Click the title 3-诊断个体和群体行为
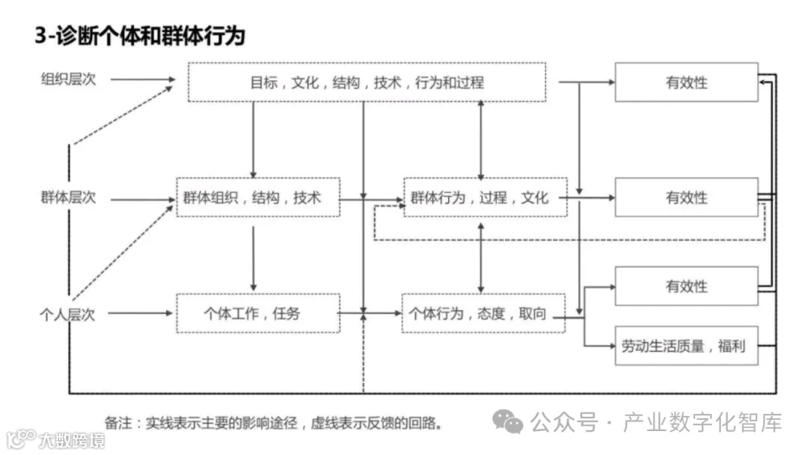pyautogui.click(x=140, y=35)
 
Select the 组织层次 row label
pyautogui.click(x=68, y=79)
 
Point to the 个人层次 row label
pyautogui.click(x=68, y=314)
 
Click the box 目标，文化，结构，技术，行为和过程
pyautogui.click(x=367, y=82)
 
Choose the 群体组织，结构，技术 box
pyautogui.click(x=257, y=198)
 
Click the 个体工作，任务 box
pyautogui.click(x=257, y=314)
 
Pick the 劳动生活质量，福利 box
pyautogui.click(x=686, y=346)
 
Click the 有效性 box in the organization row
pyautogui.click(x=686, y=82)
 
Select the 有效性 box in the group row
pyautogui.click(x=686, y=198)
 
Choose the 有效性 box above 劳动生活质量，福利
pyautogui.click(x=686, y=286)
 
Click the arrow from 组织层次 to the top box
pyautogui.click(x=143, y=79)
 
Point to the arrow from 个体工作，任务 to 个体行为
pyautogui.click(x=370, y=314)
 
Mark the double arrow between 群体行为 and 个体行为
pyautogui.click(x=480, y=256)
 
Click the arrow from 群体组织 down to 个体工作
pyautogui.click(x=254, y=258)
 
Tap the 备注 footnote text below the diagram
pyautogui.click(x=273, y=423)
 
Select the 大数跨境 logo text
pyautogui.click(x=71, y=439)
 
